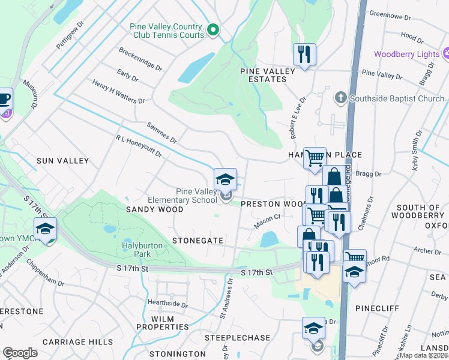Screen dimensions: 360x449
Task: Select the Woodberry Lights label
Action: pyautogui.click(x=406, y=54)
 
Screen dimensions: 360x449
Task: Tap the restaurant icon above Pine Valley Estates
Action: pyautogui.click(x=304, y=55)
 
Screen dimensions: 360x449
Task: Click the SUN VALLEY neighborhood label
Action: pyautogui.click(x=62, y=161)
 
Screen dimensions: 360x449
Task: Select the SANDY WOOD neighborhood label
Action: pyautogui.click(x=149, y=209)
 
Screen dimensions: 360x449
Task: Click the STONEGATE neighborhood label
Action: pyautogui.click(x=197, y=240)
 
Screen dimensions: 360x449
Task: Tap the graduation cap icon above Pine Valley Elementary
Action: pyautogui.click(x=225, y=179)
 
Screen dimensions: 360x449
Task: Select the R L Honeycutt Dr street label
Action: pyautogui.click(x=139, y=146)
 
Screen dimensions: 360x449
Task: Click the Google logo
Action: pyautogui.click(x=20, y=352)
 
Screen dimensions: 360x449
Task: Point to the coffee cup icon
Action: pyautogui.click(x=5, y=98)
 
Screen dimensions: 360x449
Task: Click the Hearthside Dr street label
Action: pyautogui.click(x=167, y=304)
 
